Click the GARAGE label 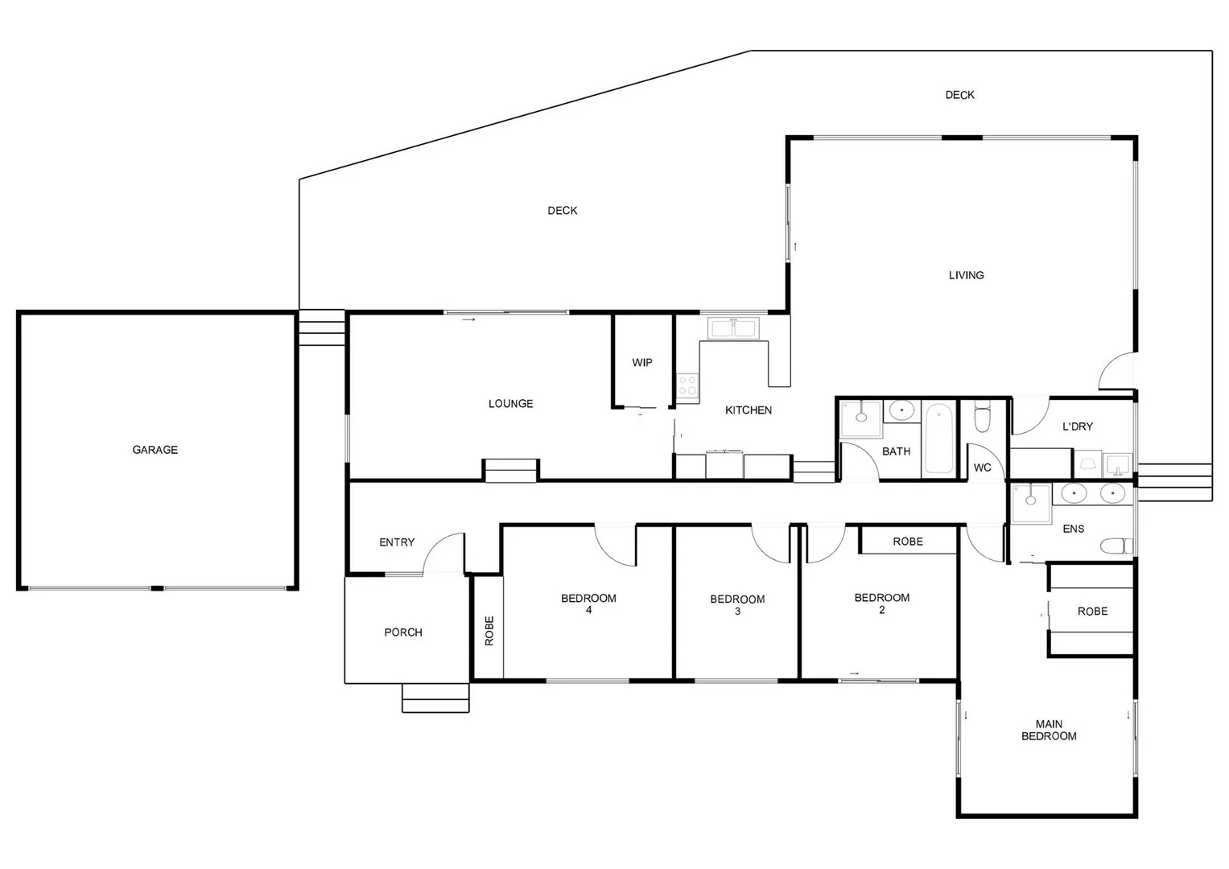tap(155, 450)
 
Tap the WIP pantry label tap(641, 363)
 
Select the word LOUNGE tap(510, 404)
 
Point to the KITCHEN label tap(748, 410)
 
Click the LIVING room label tap(966, 275)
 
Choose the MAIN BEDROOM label tap(1049, 730)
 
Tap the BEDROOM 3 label tap(737, 604)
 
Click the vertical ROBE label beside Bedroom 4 tap(489, 631)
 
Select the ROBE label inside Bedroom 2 tap(908, 542)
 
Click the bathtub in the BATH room tap(938, 439)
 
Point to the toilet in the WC tap(982, 418)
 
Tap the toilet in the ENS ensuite tap(1115, 546)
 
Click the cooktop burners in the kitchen tap(687, 385)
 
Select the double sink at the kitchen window tap(732, 328)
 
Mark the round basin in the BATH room tap(902, 411)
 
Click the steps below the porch tap(435, 698)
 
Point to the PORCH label tap(403, 632)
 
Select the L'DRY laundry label tap(1077, 426)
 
